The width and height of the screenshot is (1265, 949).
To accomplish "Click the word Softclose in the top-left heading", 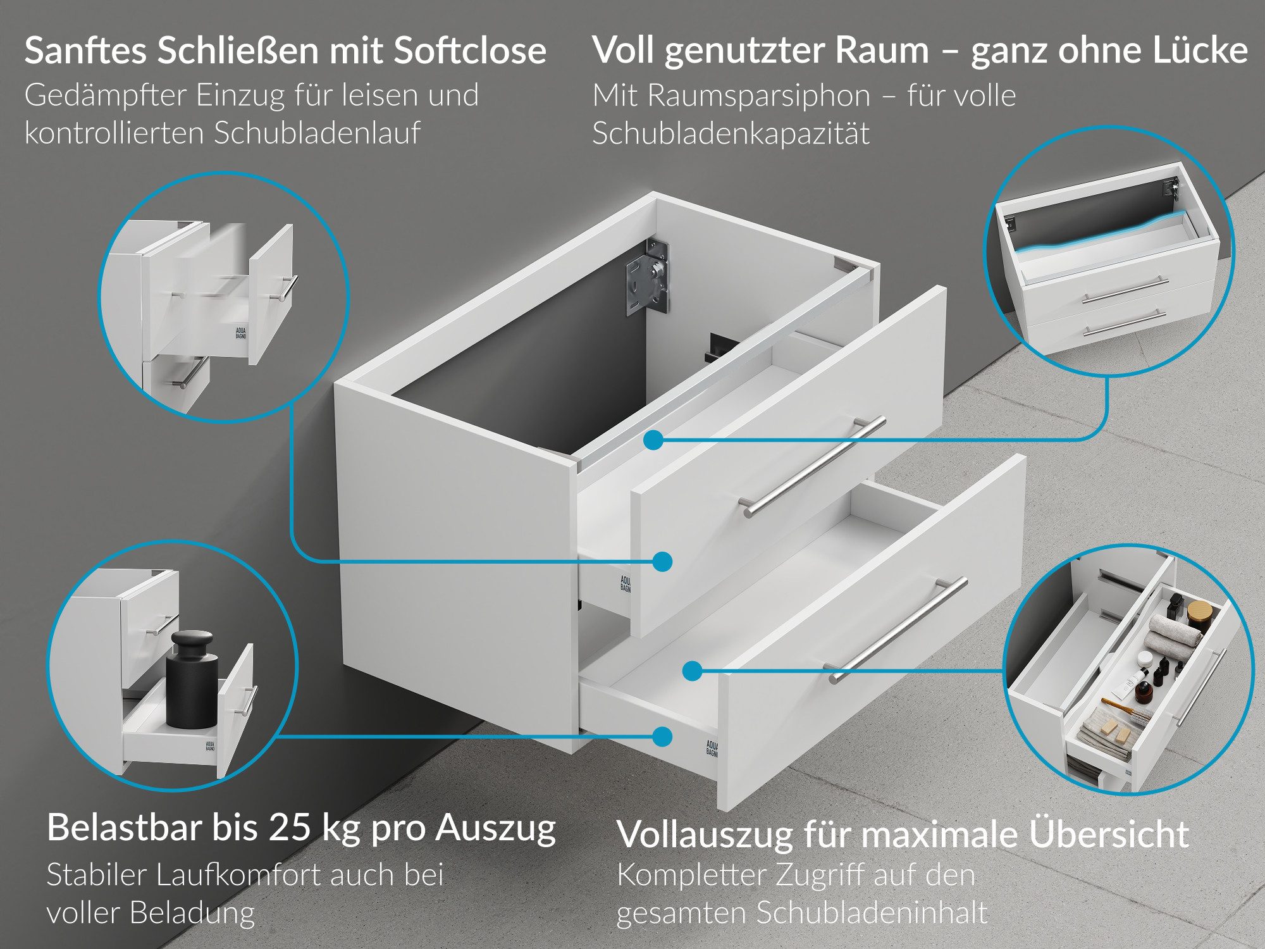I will [469, 51].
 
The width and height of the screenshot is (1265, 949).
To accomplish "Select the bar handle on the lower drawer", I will [898, 630].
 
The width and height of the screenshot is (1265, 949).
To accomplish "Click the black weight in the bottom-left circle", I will [192, 680].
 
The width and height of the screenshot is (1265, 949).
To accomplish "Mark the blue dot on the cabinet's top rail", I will [654, 440].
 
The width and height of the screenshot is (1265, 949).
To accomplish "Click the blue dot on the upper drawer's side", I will [662, 561].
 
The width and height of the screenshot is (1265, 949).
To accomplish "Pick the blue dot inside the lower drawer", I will [693, 671].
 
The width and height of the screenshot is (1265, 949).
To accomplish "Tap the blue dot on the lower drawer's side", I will [662, 736].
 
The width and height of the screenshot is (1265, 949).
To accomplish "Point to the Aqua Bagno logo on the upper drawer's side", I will [625, 583].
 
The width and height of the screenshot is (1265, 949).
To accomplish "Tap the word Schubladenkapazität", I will [731, 134].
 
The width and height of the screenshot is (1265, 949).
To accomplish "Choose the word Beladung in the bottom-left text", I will [192, 913].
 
